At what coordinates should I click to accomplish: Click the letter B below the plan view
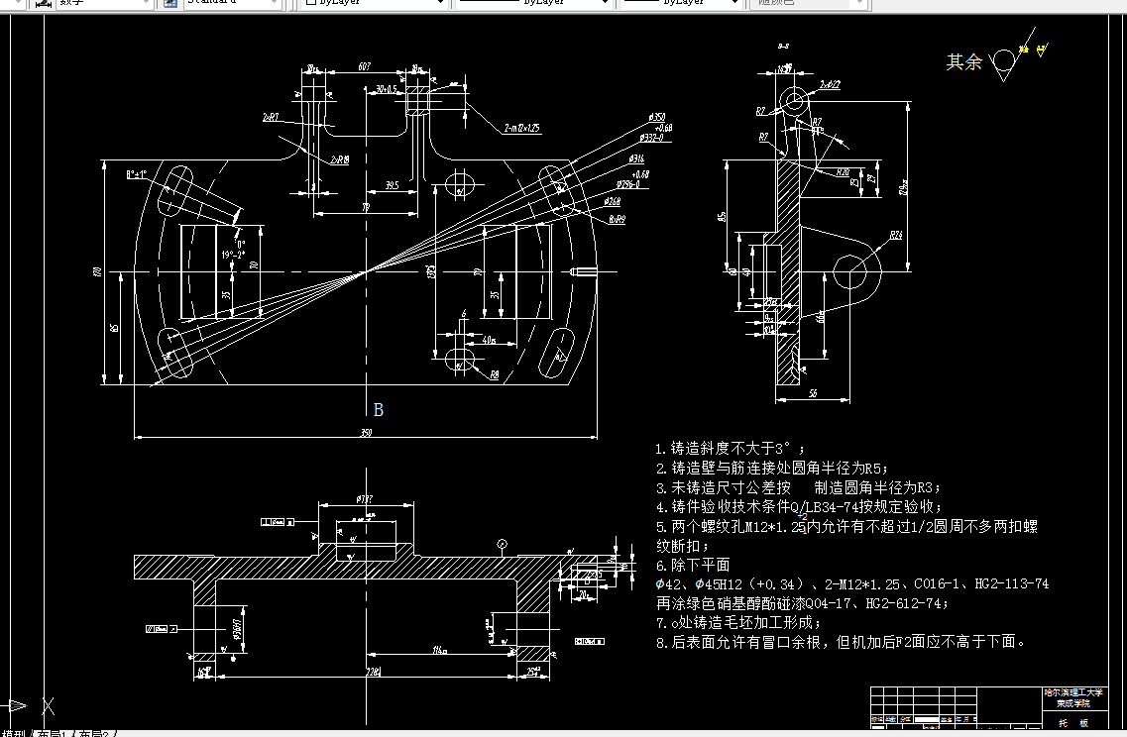point(378,409)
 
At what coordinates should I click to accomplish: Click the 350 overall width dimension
point(366,433)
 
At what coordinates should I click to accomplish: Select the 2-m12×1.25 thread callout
point(521,128)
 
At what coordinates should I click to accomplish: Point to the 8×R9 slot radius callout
point(617,219)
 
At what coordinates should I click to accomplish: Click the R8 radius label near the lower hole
point(494,374)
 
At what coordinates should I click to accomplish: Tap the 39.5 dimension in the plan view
point(392,184)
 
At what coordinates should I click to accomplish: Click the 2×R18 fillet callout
point(339,158)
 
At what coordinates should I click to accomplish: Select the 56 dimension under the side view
point(812,394)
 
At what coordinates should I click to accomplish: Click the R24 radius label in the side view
point(895,235)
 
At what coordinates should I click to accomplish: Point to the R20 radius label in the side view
point(843,172)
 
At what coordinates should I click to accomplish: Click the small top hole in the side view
point(794,100)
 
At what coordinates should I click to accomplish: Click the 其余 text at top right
point(963,62)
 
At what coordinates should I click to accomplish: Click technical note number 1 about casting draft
point(724,449)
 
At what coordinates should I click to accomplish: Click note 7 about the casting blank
point(738,622)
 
